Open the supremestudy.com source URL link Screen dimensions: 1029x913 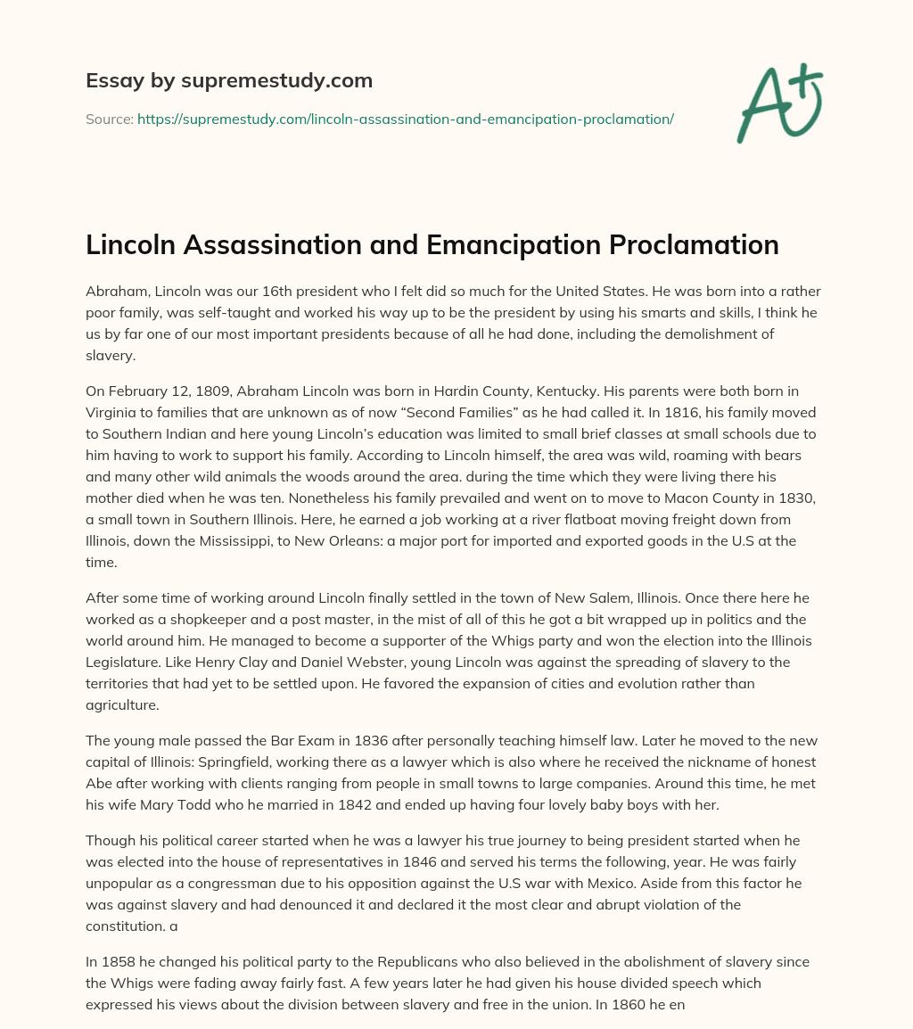pyautogui.click(x=405, y=119)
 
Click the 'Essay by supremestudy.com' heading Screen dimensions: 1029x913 pyautogui.click(x=228, y=81)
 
